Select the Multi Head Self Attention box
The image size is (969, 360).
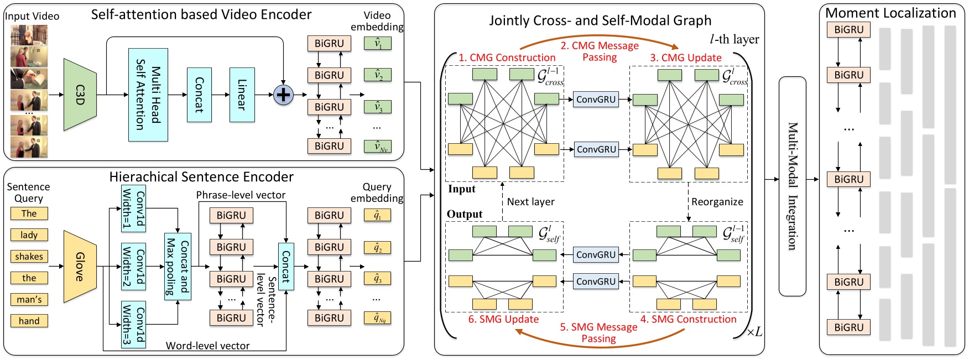pyautogui.click(x=148, y=95)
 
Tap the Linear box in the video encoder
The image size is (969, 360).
pyautogui.click(x=242, y=95)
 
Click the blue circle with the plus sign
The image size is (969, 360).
pyautogui.click(x=284, y=95)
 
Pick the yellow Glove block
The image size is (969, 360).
pyautogui.click(x=80, y=267)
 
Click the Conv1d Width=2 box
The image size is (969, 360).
pyautogui.click(x=134, y=267)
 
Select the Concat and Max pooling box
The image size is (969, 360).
pyautogui.click(x=178, y=267)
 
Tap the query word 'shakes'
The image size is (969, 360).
pyautogui.click(x=29, y=257)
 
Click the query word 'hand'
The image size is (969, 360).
pyautogui.click(x=29, y=321)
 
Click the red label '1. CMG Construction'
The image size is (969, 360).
pyautogui.click(x=507, y=58)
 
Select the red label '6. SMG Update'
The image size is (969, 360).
pyautogui.click(x=503, y=319)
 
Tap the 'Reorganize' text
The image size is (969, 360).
pyautogui.click(x=717, y=202)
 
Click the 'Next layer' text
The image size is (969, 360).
pyautogui.click(x=530, y=202)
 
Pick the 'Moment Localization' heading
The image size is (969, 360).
pyautogui.click(x=890, y=13)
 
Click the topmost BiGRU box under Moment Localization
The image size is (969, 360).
pyautogui.click(x=848, y=30)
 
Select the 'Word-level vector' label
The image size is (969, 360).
pyautogui.click(x=207, y=346)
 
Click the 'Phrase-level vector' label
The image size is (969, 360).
pyautogui.click(x=241, y=195)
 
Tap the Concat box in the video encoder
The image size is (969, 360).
pyautogui.click(x=199, y=95)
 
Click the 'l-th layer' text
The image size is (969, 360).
pyautogui.click(x=734, y=39)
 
